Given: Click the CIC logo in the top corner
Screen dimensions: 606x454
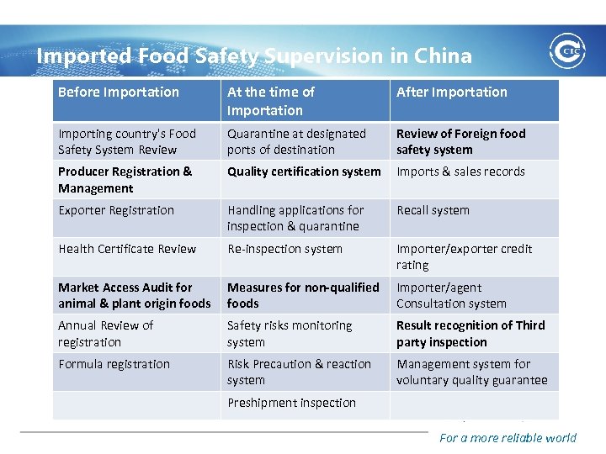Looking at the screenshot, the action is [x=568, y=52].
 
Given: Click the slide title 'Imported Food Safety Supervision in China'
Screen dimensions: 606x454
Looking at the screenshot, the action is [x=254, y=56].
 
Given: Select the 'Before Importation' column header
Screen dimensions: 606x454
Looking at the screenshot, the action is [x=119, y=92].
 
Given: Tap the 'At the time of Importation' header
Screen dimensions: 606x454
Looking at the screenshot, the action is [x=270, y=101].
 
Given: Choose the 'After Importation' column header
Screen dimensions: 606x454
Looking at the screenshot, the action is [x=452, y=92].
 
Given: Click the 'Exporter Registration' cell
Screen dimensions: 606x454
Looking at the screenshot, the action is [x=116, y=210].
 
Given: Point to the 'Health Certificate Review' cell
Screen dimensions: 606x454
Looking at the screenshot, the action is [x=127, y=249].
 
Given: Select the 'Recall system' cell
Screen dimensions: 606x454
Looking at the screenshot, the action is [x=433, y=210].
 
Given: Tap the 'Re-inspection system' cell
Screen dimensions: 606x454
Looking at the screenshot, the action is [x=284, y=249].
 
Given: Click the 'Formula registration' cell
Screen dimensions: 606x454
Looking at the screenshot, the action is [x=114, y=364].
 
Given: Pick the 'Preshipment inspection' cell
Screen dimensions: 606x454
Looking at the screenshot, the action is [x=291, y=403].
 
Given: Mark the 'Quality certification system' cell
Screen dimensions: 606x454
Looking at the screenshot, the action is [x=304, y=172].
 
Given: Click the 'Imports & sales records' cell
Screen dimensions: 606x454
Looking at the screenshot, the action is [x=460, y=172].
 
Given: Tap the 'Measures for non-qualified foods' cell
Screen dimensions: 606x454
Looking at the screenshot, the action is [x=303, y=295].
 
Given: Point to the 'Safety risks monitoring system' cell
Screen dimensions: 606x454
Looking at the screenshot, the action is [x=290, y=334].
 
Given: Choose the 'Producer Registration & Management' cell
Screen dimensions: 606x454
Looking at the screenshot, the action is [x=125, y=180].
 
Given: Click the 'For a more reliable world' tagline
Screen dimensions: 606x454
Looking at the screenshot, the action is [x=508, y=437].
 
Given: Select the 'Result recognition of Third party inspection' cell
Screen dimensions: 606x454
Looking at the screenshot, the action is [x=470, y=334].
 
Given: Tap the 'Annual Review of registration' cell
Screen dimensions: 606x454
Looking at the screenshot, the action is [x=106, y=334].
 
